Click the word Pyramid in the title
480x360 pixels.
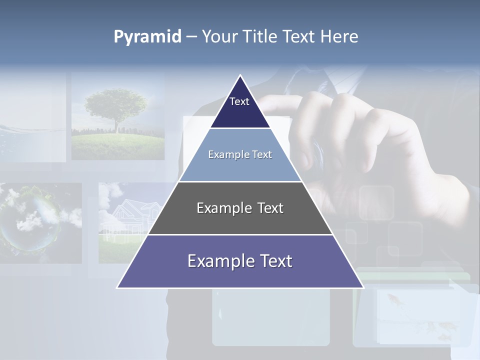click(147, 37)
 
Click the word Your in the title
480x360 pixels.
click(219, 37)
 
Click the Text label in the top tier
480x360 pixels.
click(239, 101)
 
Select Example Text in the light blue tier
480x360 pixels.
click(240, 154)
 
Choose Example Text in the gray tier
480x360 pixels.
click(240, 208)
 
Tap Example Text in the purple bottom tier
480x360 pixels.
click(240, 261)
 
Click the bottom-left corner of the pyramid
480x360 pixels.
click(117, 287)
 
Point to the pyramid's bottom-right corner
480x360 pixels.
click(363, 287)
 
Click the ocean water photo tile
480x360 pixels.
click(32, 140)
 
